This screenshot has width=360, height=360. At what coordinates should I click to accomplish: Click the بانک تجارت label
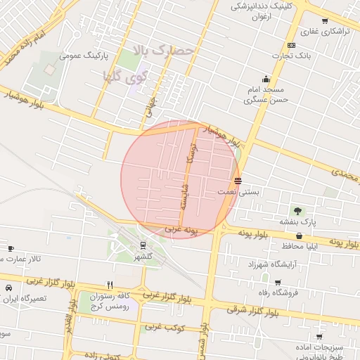294,54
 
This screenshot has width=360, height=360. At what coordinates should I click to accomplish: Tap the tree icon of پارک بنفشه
298,210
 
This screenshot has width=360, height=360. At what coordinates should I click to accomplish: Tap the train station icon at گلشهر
143,246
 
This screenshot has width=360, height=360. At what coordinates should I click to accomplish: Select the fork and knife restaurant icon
110,285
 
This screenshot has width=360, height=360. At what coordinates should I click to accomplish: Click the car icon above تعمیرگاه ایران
8,288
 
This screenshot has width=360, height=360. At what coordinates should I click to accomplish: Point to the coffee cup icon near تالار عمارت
11,248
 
